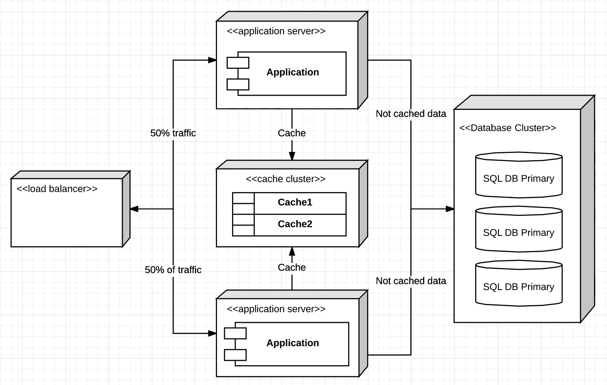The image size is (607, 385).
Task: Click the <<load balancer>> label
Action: (x=57, y=189)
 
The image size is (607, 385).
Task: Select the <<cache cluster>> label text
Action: (x=285, y=179)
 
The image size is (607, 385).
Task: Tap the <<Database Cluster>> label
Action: (x=508, y=128)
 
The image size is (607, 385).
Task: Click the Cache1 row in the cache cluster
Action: (x=294, y=202)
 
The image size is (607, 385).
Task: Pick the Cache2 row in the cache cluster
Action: (x=294, y=224)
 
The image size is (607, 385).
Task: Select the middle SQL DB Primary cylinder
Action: (x=519, y=230)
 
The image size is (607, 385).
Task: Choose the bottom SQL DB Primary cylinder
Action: (x=519, y=284)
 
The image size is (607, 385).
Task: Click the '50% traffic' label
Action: (x=173, y=133)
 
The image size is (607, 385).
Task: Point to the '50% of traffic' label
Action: (x=173, y=270)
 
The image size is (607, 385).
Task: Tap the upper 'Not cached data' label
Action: (x=410, y=114)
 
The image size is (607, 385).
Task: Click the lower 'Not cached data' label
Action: (x=410, y=281)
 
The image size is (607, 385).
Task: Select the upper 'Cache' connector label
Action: (x=292, y=133)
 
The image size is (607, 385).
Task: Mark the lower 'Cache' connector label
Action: (x=292, y=268)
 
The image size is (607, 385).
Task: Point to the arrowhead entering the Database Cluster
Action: (x=450, y=209)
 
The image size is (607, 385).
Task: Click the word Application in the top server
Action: (x=292, y=72)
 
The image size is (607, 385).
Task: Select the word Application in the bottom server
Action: (x=292, y=343)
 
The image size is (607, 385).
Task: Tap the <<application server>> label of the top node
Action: (x=276, y=31)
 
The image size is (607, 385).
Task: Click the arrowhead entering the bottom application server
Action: (x=212, y=333)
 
